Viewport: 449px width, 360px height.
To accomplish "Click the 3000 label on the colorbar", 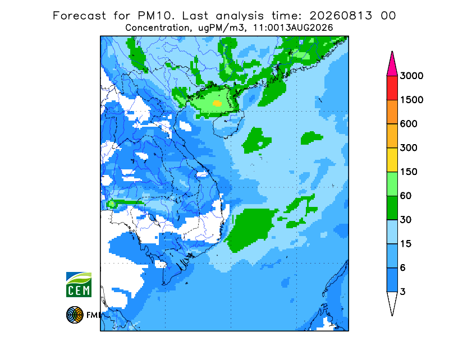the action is (411, 76).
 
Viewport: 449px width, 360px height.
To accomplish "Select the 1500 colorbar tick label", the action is (411, 100).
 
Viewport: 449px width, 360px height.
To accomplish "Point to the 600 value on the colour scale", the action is (409, 124).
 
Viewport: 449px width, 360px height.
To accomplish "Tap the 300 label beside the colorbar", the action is (409, 148).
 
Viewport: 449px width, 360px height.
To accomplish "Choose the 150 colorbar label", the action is (409, 172).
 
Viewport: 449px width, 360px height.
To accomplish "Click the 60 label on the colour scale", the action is (406, 196).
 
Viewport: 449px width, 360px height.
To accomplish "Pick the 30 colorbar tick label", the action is (406, 220).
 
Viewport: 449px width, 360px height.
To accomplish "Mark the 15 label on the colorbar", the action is (406, 244).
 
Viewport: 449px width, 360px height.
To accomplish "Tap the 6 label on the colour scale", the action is (403, 268).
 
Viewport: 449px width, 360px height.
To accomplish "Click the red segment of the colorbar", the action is (392, 88).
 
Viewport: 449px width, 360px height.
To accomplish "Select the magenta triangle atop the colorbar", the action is (392, 66).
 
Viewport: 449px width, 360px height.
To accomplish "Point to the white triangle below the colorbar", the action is (392, 302).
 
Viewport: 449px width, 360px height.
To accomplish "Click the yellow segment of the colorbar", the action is (392, 160).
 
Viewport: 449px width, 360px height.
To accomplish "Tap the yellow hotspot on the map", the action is (217, 103).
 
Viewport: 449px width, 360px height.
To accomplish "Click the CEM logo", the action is (79, 284).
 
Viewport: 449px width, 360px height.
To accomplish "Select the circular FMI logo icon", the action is (75, 315).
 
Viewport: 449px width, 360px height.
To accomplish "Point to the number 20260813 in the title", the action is (341, 16).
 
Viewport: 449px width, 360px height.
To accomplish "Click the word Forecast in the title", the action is (79, 16).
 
